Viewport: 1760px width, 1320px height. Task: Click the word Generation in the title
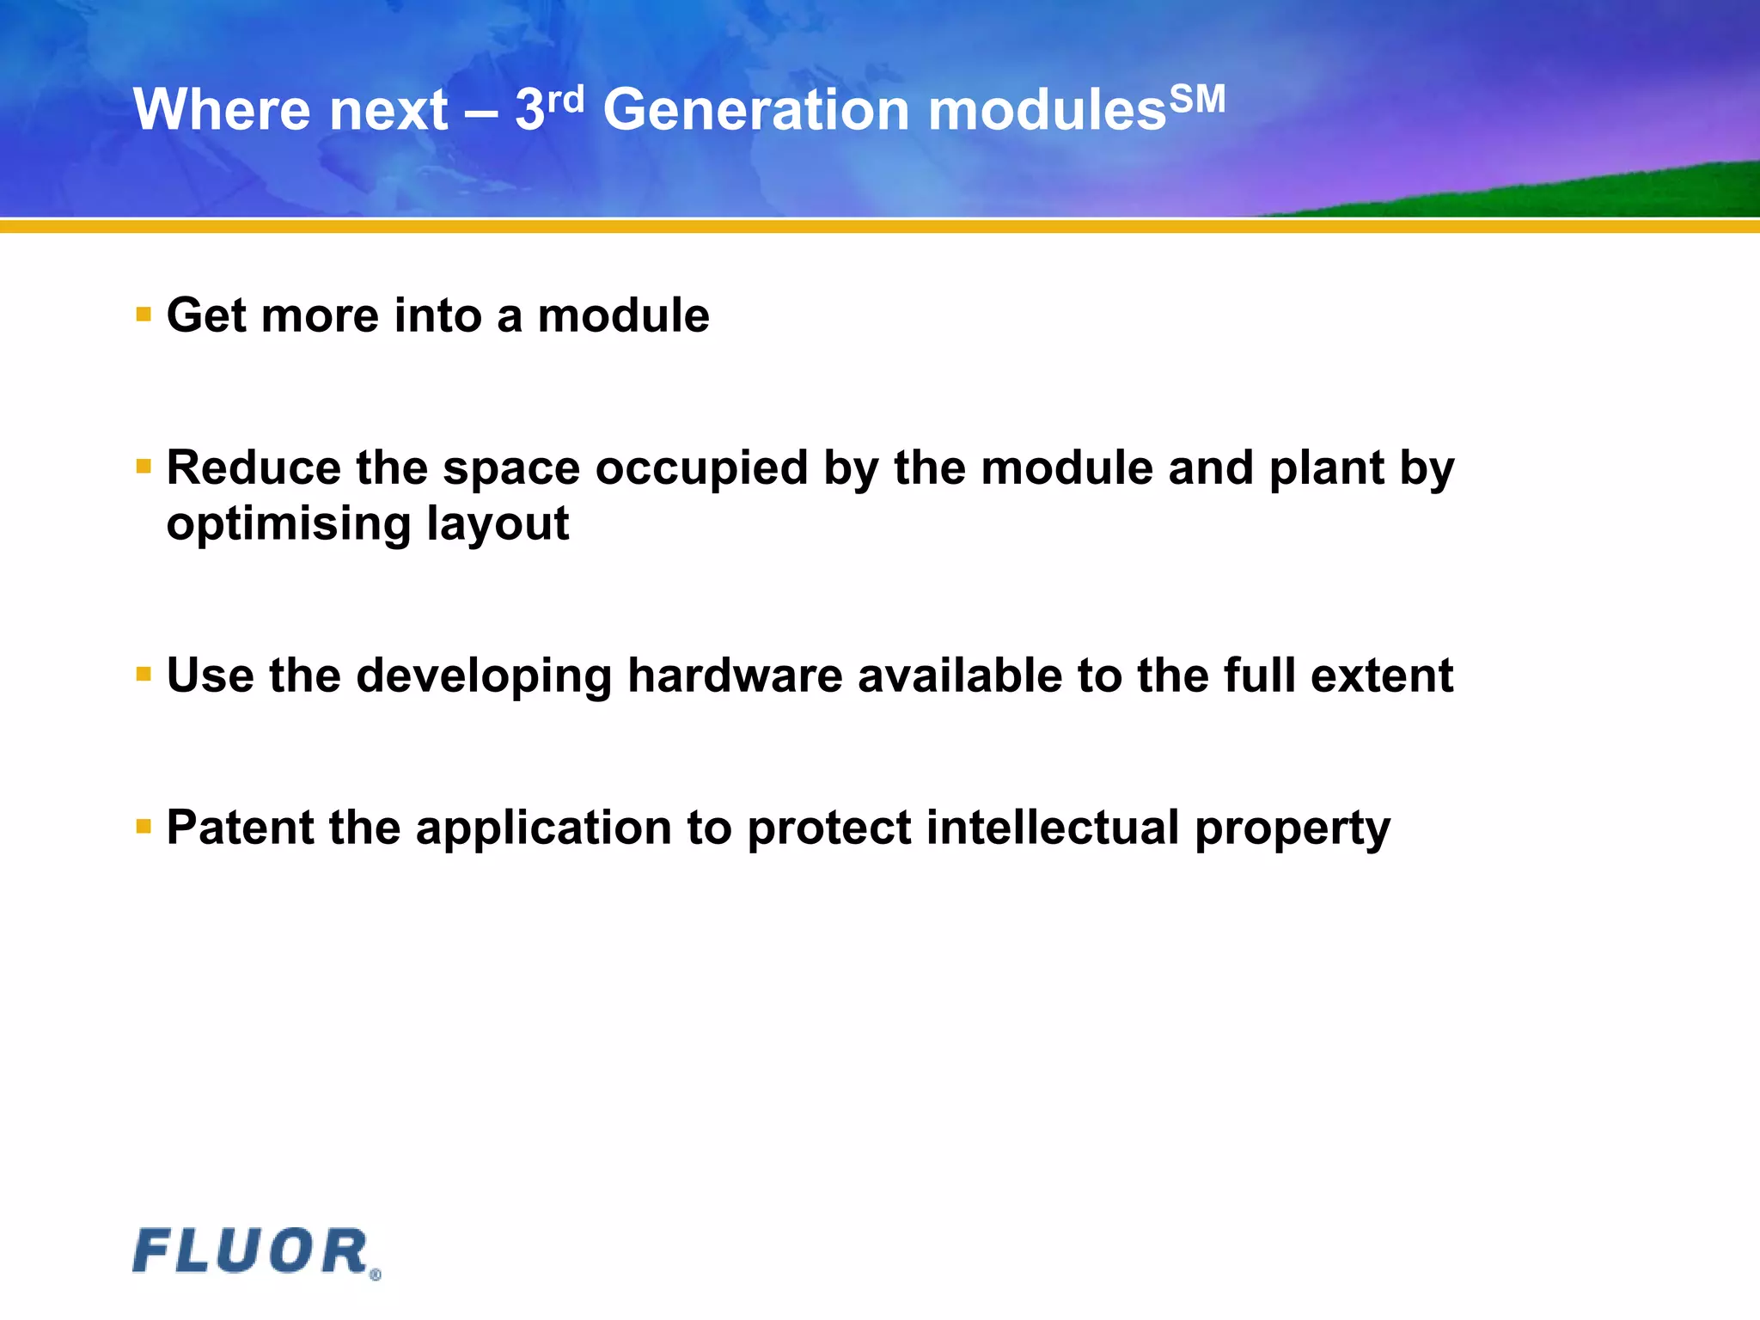pyautogui.click(x=755, y=111)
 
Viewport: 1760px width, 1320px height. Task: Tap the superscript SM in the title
pyautogui.click(x=1196, y=100)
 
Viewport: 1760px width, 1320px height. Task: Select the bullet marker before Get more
pyautogui.click(x=144, y=315)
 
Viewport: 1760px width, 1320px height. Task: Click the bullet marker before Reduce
pyautogui.click(x=144, y=467)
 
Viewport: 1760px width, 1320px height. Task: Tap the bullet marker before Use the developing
pyautogui.click(x=144, y=675)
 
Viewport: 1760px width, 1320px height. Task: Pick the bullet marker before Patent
pyautogui.click(x=144, y=827)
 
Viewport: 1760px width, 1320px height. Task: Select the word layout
pyautogui.click(x=498, y=524)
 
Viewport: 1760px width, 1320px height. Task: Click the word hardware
pyautogui.click(x=735, y=675)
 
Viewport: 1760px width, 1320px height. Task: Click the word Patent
pyautogui.click(x=240, y=828)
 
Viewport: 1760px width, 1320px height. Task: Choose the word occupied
pyautogui.click(x=701, y=469)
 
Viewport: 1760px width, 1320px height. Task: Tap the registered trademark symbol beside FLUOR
pyautogui.click(x=375, y=1275)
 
